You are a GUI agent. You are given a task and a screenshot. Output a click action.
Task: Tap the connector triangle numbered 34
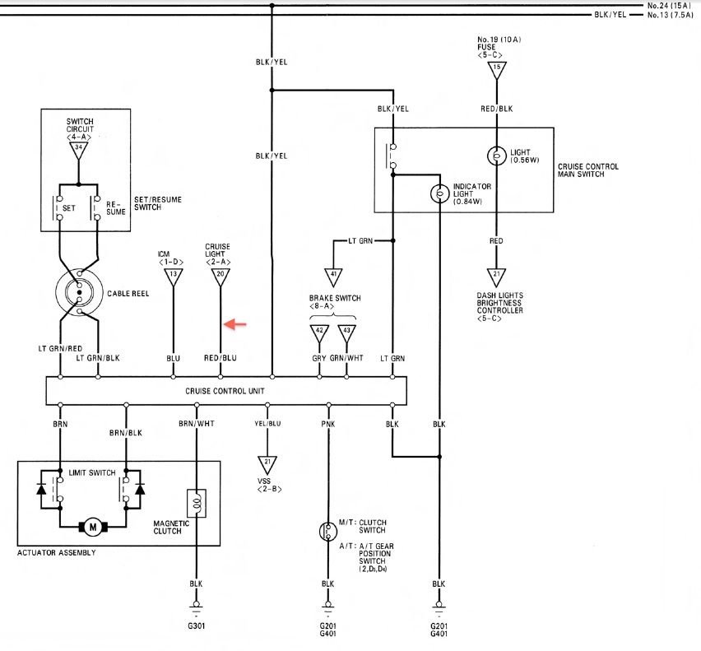[79, 151]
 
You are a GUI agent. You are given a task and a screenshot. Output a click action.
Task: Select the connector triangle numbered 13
[174, 276]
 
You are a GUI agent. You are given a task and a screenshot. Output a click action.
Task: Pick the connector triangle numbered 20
[220, 276]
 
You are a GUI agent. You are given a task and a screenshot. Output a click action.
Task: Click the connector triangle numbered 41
[333, 276]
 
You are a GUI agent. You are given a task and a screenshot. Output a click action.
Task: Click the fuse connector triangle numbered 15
[496, 71]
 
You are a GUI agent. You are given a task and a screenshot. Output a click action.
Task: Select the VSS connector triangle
[267, 463]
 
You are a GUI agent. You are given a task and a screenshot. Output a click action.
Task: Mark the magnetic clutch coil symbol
[197, 501]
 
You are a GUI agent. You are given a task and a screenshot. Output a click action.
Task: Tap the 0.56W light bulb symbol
[496, 154]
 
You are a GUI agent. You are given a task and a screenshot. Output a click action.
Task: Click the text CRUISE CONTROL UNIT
[225, 390]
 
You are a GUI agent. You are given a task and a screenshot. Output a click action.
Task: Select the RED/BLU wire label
[220, 358]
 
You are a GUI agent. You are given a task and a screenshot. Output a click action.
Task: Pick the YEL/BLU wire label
[267, 424]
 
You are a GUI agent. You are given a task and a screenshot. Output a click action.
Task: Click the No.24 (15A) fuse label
[669, 6]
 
